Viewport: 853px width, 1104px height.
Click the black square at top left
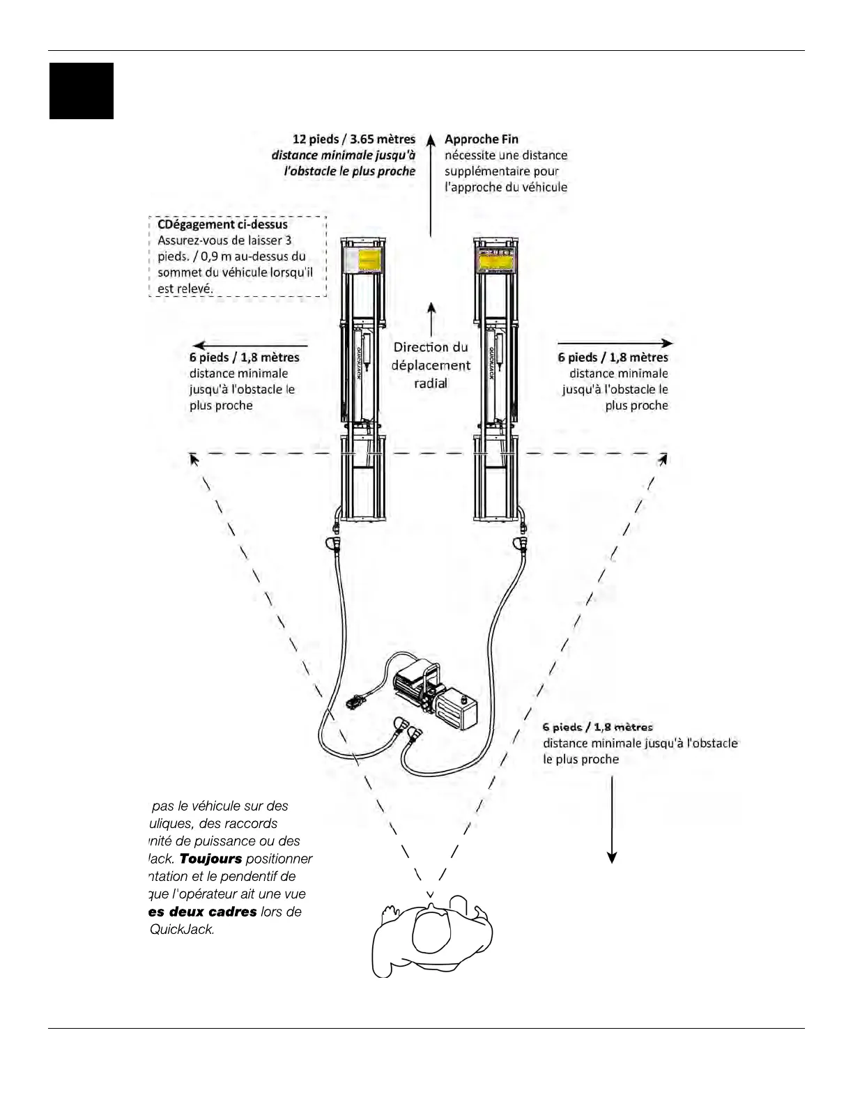tap(81, 91)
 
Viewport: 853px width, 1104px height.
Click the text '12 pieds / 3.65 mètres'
tap(353, 139)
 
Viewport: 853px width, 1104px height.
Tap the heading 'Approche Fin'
tap(481, 139)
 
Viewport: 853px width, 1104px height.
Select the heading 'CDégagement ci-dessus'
tap(222, 224)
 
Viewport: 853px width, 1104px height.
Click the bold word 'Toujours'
tap(210, 859)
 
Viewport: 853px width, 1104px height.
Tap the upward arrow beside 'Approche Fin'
tap(431, 143)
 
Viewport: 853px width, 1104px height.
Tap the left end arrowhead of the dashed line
tap(194, 459)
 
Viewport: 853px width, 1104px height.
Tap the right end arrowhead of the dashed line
tap(663, 459)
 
